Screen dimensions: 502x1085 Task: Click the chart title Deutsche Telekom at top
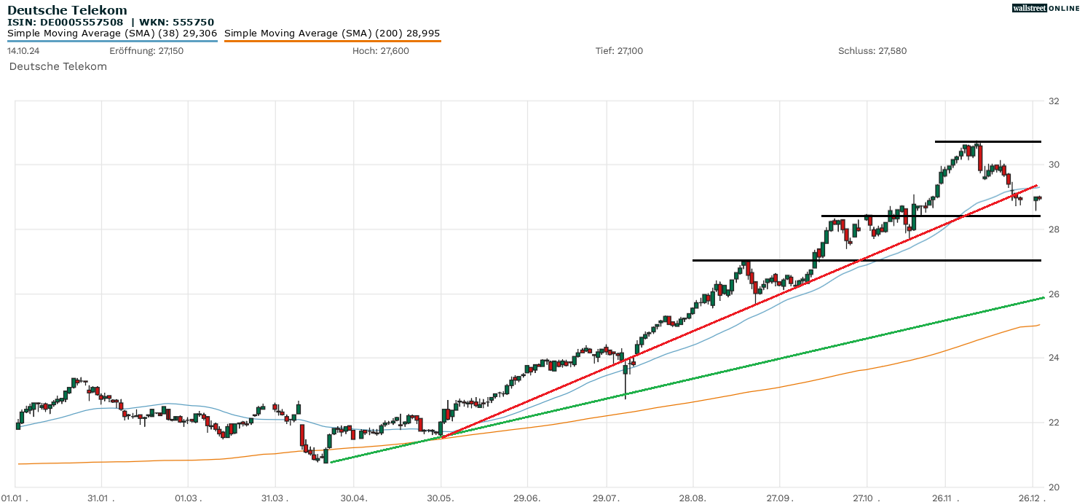coord(67,10)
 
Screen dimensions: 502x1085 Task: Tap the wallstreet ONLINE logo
coord(1046,8)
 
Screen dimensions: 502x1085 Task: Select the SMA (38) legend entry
coord(112,34)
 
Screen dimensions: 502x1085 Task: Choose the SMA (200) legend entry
coord(332,34)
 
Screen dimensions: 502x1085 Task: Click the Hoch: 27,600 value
coord(380,51)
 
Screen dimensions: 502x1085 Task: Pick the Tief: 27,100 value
coord(619,51)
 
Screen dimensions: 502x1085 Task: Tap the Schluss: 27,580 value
coord(872,51)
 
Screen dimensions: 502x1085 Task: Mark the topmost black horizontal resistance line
coord(987,141)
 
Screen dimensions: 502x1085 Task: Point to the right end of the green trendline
coord(1043,298)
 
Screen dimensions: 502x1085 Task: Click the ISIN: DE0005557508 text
coord(66,22)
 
